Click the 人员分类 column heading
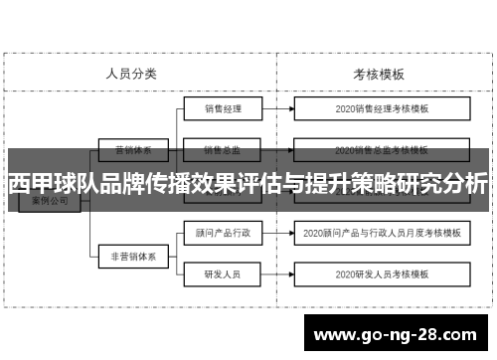click(x=131, y=74)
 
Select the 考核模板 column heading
click(x=378, y=74)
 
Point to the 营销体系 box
click(x=131, y=151)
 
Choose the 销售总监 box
click(x=224, y=151)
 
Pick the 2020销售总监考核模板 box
click(x=382, y=151)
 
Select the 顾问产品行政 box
click(x=224, y=234)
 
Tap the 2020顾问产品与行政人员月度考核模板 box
click(x=382, y=234)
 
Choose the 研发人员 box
click(x=224, y=273)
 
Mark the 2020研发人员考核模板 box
click(x=382, y=273)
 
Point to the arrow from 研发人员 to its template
click(x=280, y=273)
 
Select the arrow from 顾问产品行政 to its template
click(x=280, y=234)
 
